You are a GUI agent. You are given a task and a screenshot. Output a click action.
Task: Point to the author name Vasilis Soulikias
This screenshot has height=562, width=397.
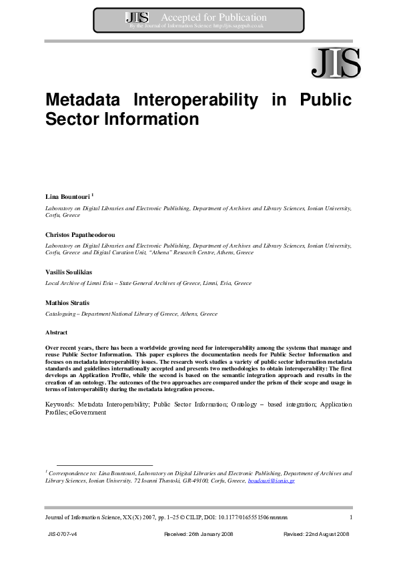tap(69, 273)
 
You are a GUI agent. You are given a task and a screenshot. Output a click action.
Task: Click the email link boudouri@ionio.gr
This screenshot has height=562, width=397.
tap(271, 481)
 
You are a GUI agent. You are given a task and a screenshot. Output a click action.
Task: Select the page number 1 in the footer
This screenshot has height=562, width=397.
tap(350, 517)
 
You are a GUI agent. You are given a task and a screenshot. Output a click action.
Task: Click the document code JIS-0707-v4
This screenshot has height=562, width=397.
tap(63, 535)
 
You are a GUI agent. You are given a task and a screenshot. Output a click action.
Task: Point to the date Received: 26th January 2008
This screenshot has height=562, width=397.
tap(198, 535)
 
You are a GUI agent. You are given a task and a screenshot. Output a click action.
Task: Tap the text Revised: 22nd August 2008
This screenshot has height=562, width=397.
tap(316, 535)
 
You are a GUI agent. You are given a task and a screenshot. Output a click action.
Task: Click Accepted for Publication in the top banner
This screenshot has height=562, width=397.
tap(214, 17)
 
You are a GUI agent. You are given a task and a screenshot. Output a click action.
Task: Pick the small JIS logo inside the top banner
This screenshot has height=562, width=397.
tap(137, 18)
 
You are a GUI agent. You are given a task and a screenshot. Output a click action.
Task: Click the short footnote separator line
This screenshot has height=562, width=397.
tap(105, 465)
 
